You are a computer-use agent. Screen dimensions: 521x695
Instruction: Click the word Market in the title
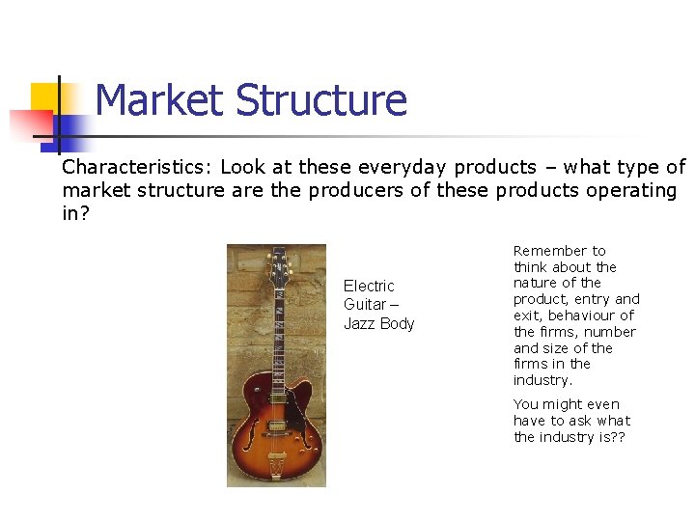[x=160, y=100]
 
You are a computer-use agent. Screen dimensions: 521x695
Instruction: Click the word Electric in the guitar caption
[x=369, y=286]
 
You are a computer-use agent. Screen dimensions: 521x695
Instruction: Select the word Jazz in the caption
[x=359, y=323]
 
